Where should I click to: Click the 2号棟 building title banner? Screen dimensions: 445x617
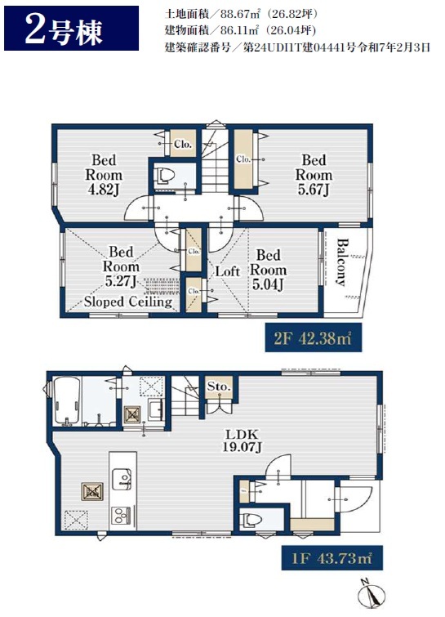click(x=71, y=29)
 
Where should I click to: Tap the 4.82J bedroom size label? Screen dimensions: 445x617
click(x=104, y=190)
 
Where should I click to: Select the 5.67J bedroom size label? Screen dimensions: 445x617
click(x=314, y=190)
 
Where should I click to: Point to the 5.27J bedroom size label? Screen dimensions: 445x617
click(x=121, y=281)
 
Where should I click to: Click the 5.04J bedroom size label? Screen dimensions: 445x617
click(x=268, y=284)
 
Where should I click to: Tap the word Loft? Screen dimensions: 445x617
click(x=228, y=271)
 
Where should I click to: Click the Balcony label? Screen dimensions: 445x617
click(x=341, y=262)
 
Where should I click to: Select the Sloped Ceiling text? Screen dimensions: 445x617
click(x=128, y=302)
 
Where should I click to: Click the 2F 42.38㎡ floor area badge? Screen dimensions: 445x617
click(x=313, y=338)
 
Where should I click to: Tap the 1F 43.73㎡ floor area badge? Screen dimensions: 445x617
click(x=332, y=557)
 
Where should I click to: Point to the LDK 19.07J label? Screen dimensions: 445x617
click(x=243, y=440)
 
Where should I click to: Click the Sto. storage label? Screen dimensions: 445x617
click(x=219, y=387)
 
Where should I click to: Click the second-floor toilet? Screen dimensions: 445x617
click(x=165, y=176)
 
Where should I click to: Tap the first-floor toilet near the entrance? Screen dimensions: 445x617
click(x=251, y=521)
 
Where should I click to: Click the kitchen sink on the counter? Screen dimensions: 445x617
click(x=122, y=479)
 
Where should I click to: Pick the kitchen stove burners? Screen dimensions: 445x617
click(x=122, y=515)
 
